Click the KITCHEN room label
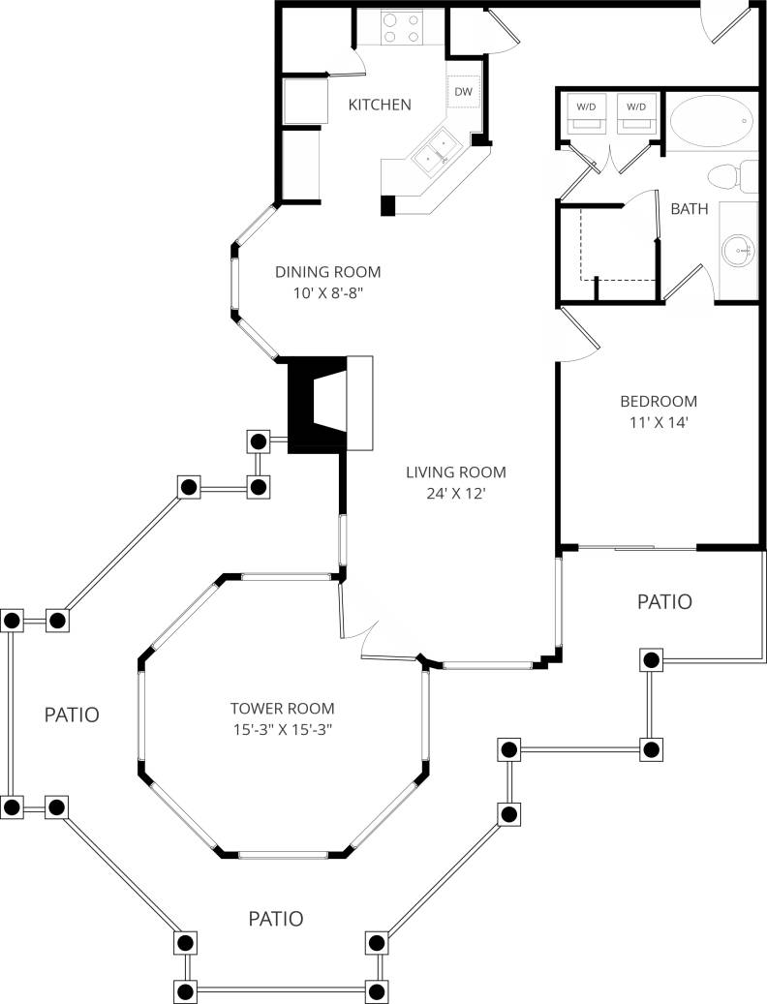point(380,105)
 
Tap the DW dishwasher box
point(464,92)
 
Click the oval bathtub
point(711,121)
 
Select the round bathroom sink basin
point(739,250)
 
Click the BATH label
point(689,208)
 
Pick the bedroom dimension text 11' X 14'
point(659,422)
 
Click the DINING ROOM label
point(327,272)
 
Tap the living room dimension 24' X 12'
point(455,494)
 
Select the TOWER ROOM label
point(282,707)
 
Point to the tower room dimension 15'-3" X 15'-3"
point(282,728)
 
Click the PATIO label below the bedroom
point(664,601)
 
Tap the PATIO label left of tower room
point(72,715)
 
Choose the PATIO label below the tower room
point(275,918)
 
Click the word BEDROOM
point(659,401)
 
